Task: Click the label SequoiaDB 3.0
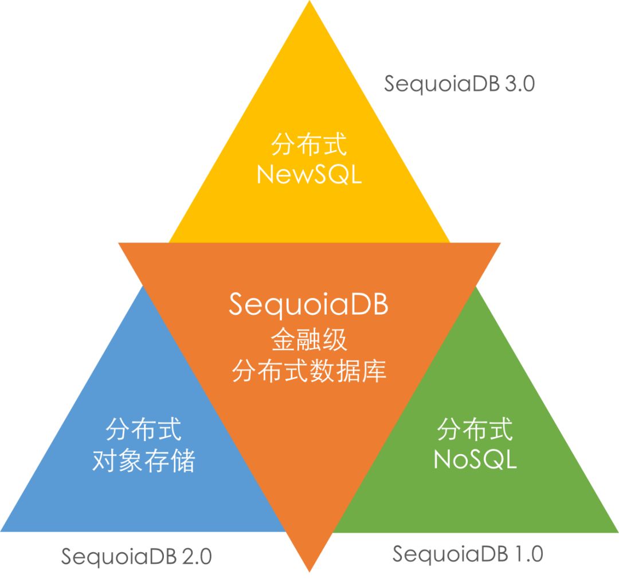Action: (459, 84)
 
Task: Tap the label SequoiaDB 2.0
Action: (136, 556)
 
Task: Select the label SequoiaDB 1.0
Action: (468, 554)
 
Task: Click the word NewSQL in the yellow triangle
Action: (309, 174)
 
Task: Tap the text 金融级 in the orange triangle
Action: (309, 341)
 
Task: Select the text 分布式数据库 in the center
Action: (309, 372)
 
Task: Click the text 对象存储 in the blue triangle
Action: (144, 460)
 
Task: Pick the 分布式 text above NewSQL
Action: (309, 144)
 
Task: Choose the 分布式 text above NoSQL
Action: (475, 429)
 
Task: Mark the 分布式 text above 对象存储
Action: (144, 429)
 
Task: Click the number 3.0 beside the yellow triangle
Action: (520, 84)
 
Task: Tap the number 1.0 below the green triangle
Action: (528, 554)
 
